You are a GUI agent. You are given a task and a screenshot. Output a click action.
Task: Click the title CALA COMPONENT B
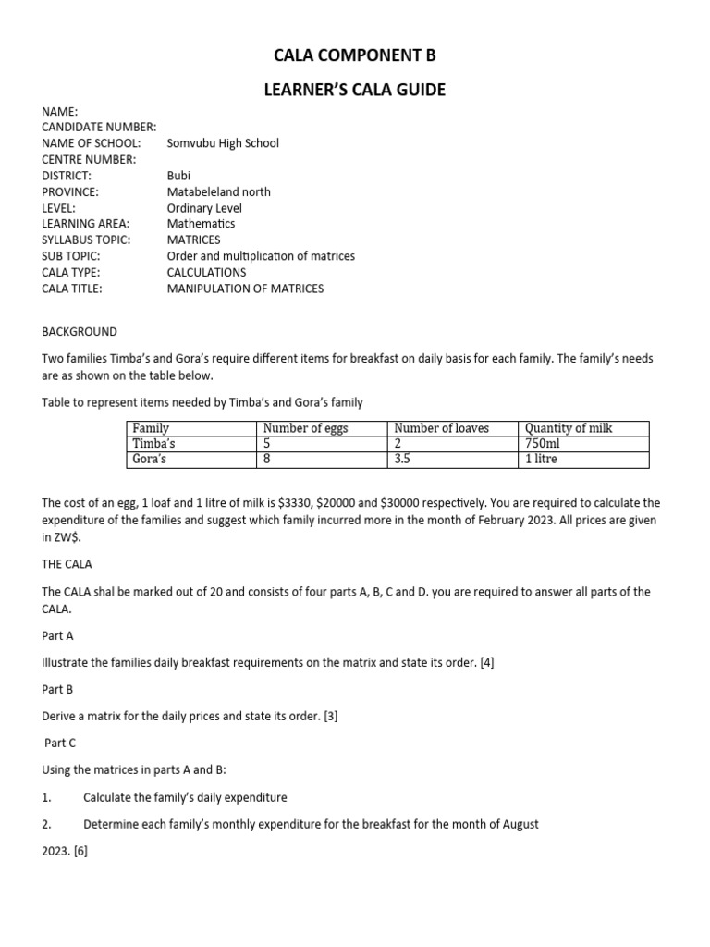pos(355,56)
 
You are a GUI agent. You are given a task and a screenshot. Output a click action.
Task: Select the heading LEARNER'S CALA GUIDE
pos(355,90)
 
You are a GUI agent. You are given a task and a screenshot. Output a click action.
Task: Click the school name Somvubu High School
pos(223,143)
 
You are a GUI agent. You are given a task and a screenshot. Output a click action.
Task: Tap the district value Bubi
pos(178,176)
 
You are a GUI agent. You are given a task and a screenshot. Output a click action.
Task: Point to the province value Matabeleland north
pos(219,191)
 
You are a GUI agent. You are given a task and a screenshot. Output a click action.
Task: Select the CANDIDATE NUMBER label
pos(99,127)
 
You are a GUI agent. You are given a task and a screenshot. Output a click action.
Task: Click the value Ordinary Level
pos(204,208)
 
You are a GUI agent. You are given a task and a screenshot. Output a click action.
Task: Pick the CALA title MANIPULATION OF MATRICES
pos(245,289)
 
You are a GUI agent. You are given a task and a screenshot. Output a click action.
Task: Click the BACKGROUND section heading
pos(80,331)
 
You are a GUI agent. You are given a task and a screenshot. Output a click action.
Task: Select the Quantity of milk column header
pos(569,428)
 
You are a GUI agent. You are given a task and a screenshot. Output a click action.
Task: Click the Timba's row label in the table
pos(154,444)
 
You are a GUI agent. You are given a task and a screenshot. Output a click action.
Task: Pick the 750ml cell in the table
pos(543,444)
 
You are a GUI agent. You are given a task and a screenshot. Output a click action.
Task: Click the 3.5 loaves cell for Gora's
pos(402,459)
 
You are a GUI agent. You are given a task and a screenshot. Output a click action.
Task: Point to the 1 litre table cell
pos(542,459)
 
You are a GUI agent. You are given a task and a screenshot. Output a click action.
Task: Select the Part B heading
pos(57,690)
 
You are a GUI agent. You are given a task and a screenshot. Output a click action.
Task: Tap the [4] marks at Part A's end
pos(485,663)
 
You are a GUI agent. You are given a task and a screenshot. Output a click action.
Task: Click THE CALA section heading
pos(67,564)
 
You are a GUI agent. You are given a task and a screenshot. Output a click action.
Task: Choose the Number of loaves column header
pos(442,428)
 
